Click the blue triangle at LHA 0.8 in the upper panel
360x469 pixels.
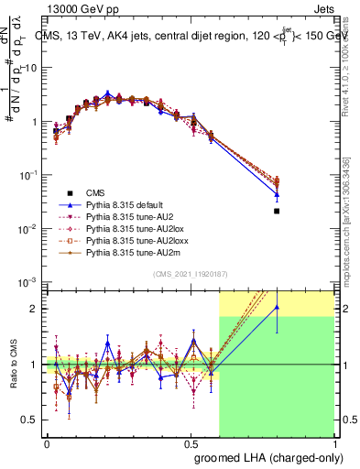pyautogui.click(x=277, y=194)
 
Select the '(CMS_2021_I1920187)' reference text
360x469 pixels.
pyautogui.click(x=190, y=274)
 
